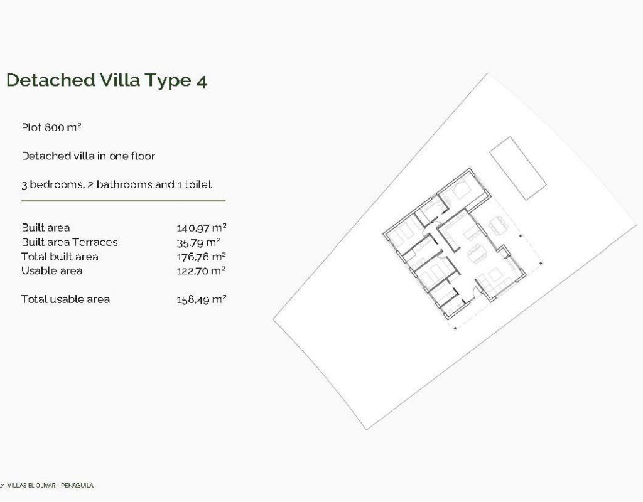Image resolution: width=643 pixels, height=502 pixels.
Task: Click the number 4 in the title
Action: [202, 81]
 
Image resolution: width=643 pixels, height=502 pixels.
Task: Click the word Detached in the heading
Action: [51, 80]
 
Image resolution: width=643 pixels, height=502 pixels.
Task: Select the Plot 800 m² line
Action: [51, 127]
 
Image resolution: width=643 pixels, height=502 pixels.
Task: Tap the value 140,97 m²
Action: [202, 228]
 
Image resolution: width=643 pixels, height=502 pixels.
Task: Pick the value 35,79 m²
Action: [198, 243]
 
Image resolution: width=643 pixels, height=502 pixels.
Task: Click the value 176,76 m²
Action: [202, 257]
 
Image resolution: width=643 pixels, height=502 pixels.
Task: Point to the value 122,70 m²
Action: [201, 271]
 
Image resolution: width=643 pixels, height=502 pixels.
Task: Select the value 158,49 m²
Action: [202, 299]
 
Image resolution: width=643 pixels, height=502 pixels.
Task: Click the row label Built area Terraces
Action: [69, 242]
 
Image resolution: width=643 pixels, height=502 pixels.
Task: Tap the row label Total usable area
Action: [65, 299]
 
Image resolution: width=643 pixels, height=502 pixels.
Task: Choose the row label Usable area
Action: [51, 270]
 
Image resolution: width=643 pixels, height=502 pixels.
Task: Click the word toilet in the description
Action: [198, 184]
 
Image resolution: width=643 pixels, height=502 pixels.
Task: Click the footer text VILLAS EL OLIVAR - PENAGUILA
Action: [50, 486]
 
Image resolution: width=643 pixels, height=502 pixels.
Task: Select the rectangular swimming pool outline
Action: [517, 168]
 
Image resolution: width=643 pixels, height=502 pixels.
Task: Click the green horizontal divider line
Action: [124, 201]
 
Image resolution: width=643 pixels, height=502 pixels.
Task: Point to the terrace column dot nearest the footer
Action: [455, 328]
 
